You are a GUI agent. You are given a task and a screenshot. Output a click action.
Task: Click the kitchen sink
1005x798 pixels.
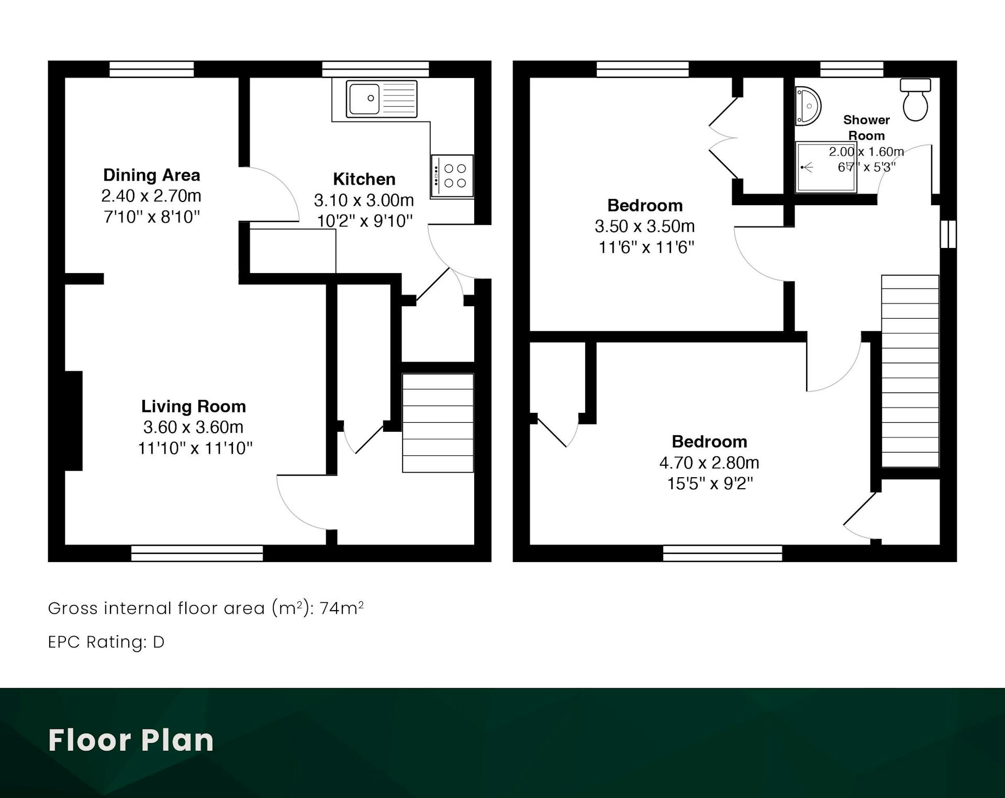tap(382, 99)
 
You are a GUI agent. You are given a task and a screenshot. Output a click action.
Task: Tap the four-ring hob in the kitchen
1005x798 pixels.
tap(452, 176)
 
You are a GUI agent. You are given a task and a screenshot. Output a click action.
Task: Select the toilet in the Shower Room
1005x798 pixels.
tap(915, 99)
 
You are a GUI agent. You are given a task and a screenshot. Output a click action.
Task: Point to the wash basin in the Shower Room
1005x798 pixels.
tap(808, 106)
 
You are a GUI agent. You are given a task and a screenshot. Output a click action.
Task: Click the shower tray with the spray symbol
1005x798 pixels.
tap(825, 167)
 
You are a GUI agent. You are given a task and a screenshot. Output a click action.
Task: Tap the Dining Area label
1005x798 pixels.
tap(151, 175)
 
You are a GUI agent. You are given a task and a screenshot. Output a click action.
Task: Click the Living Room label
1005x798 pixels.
tap(194, 406)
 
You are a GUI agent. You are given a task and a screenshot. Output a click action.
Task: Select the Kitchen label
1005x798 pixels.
tap(364, 179)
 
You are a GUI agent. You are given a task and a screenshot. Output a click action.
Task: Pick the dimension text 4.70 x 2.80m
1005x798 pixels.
tap(709, 463)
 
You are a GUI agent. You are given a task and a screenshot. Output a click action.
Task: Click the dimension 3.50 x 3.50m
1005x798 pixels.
tap(645, 226)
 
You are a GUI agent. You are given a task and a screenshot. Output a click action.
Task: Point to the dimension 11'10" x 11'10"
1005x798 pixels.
tap(195, 448)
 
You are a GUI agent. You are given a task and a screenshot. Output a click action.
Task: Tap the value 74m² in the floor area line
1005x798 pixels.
tap(341, 608)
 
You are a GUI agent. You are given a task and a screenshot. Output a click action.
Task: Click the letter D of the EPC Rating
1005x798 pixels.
tap(159, 642)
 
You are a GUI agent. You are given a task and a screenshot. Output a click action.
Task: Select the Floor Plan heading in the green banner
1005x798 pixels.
tap(131, 740)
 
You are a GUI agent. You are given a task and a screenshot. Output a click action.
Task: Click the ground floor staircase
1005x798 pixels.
tap(438, 423)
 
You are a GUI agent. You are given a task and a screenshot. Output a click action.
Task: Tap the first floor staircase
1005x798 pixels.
tap(910, 370)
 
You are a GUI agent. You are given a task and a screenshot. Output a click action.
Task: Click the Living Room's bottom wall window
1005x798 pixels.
tap(197, 553)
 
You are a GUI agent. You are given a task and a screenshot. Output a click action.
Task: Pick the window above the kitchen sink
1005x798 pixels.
tap(375, 69)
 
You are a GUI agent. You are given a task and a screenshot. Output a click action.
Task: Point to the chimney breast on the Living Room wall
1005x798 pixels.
tap(74, 421)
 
